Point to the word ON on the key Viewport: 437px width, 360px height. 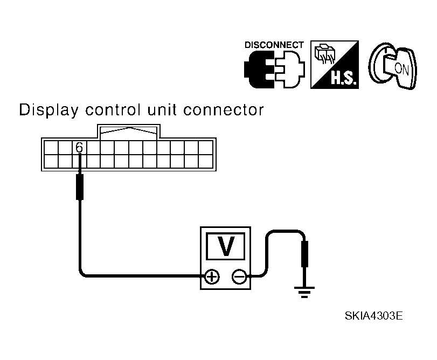pyautogui.click(x=401, y=68)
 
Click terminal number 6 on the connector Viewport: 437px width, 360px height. pyautogui.click(x=79, y=147)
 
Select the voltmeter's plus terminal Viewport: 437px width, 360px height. pyautogui.click(x=212, y=277)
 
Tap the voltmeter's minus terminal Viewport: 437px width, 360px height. pyautogui.click(x=239, y=277)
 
